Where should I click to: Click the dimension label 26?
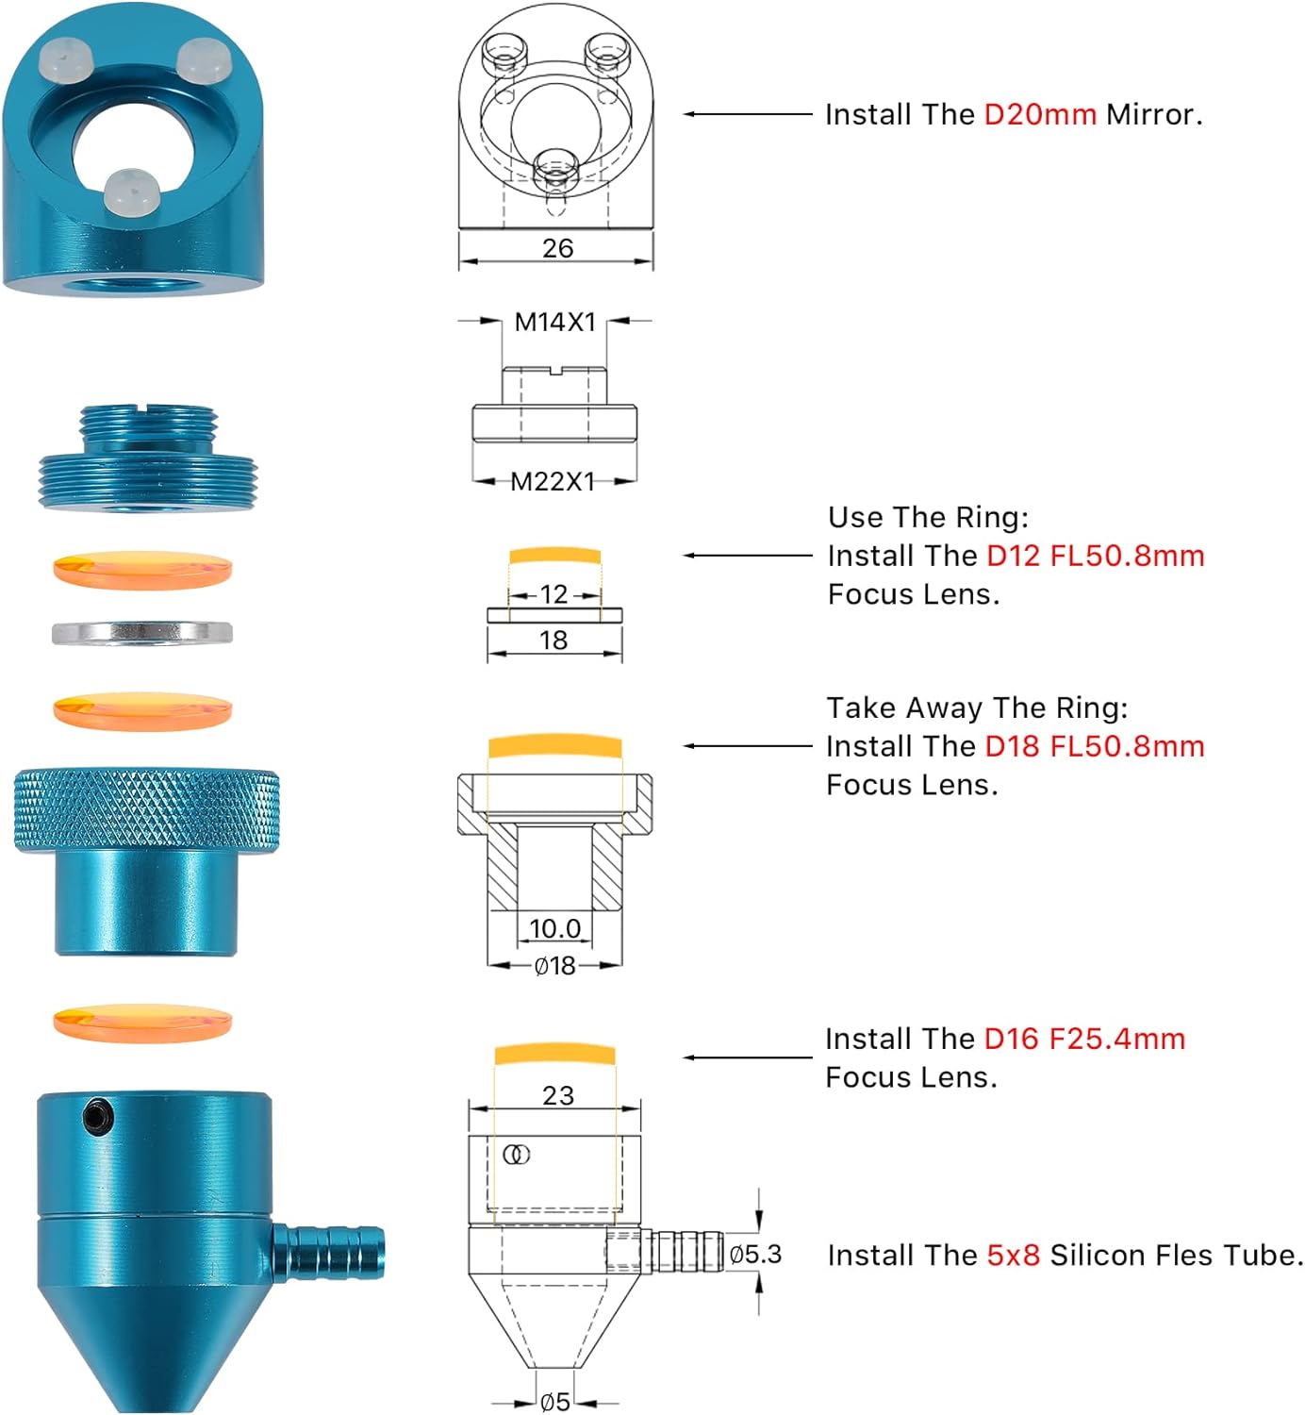[x=557, y=248]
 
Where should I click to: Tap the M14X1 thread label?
[x=555, y=322]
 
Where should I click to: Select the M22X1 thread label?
[x=553, y=482]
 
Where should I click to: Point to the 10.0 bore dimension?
[x=555, y=928]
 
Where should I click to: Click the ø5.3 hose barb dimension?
[x=755, y=1254]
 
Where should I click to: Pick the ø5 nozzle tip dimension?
[x=555, y=1402]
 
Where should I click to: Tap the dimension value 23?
[x=558, y=1095]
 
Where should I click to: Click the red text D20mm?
[x=1039, y=114]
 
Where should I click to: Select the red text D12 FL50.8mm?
[x=1095, y=556]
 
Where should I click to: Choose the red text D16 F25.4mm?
[x=1084, y=1039]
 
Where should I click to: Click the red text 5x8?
[x=1013, y=1256]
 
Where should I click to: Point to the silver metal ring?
[x=142, y=632]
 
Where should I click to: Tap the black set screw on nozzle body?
[x=97, y=1115]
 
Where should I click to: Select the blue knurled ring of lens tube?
[x=147, y=811]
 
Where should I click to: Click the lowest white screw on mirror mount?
[x=128, y=191]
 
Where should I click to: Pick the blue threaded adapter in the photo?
[x=147, y=458]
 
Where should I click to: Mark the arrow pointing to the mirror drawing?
[x=747, y=114]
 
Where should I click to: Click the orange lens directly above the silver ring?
[x=142, y=570]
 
